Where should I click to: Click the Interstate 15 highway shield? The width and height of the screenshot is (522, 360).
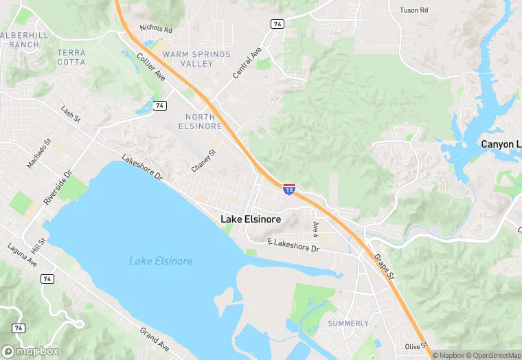[x=289, y=188]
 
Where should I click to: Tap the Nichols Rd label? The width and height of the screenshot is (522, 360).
[x=155, y=29]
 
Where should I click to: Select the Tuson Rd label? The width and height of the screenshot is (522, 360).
[x=413, y=10]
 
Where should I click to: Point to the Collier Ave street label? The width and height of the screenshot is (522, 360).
[x=150, y=67]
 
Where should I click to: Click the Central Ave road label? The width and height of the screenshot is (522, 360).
[x=247, y=63]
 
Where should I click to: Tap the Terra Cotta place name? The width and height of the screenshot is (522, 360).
[x=71, y=57]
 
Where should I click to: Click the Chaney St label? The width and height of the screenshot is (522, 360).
[x=204, y=161]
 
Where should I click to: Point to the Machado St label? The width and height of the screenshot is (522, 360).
[x=39, y=153]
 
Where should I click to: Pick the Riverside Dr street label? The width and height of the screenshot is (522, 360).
[x=57, y=188]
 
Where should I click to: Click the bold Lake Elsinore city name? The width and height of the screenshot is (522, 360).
[x=251, y=219]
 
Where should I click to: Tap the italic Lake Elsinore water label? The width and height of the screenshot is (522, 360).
[x=161, y=261]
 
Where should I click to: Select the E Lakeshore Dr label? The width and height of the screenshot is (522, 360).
[x=293, y=245]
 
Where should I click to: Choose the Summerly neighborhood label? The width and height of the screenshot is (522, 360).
[x=348, y=323]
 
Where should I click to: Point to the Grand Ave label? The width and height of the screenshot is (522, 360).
[x=155, y=339]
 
